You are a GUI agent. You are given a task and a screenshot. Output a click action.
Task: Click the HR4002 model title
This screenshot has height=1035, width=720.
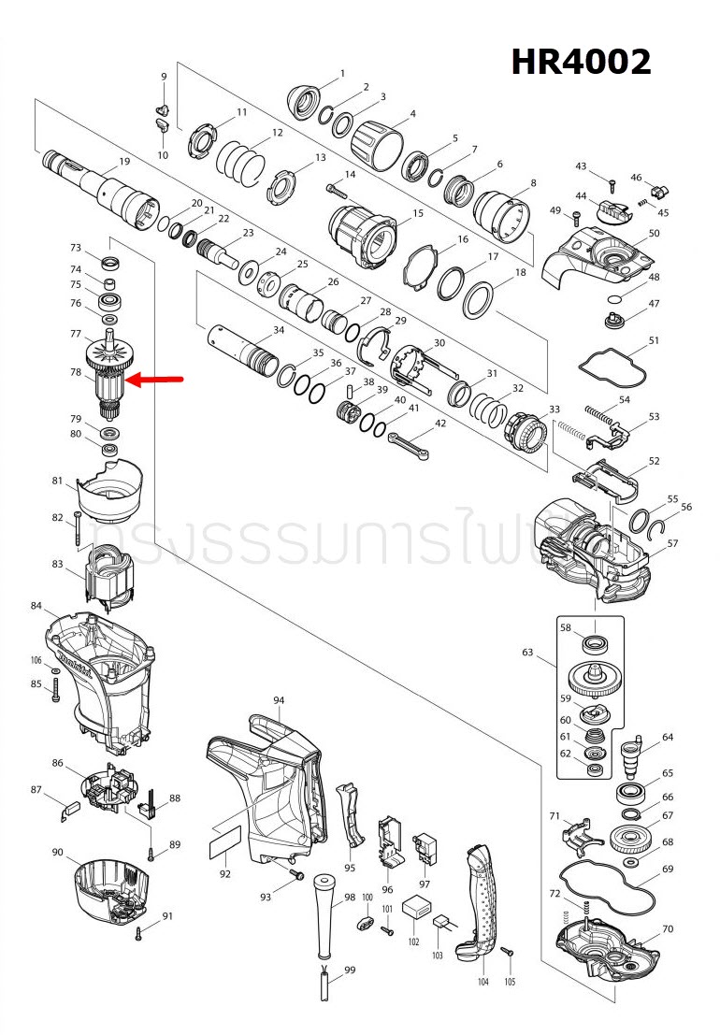[581, 63]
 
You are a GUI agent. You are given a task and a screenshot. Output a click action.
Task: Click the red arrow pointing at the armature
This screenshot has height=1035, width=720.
[154, 380]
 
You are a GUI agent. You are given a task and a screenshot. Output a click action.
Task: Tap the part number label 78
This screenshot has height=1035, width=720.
[76, 372]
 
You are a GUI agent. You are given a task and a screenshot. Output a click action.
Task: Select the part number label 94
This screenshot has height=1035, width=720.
[279, 700]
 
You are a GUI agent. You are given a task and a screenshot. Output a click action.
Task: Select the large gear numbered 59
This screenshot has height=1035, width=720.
[594, 678]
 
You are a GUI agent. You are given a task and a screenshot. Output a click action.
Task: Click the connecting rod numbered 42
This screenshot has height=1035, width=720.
[409, 441]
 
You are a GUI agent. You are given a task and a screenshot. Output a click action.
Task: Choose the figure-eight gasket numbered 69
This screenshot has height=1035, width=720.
[606, 887]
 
